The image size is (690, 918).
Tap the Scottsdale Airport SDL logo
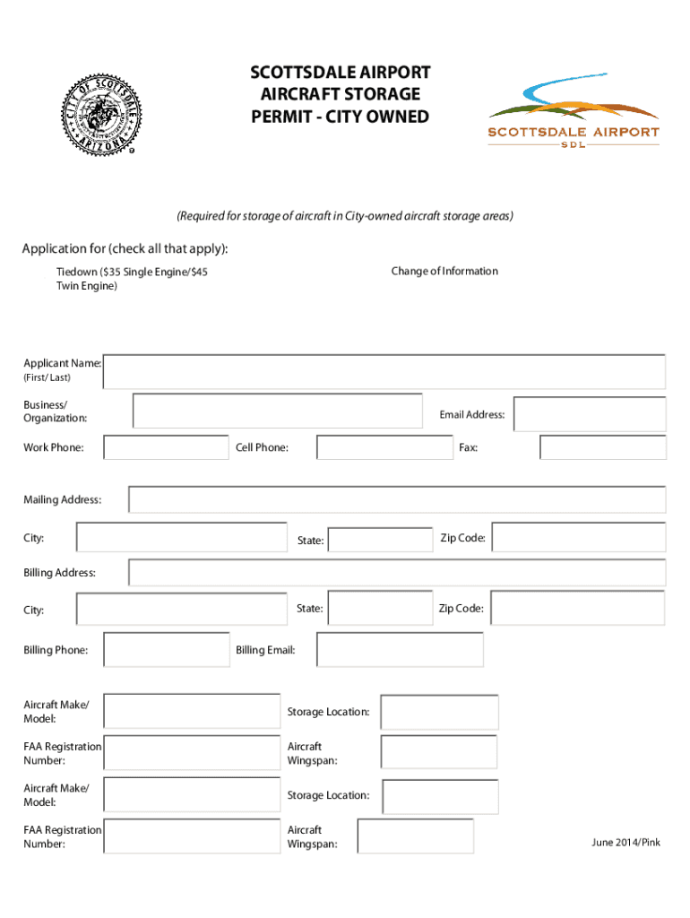click(574, 115)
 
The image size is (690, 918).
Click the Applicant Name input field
click(384, 371)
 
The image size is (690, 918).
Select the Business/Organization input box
click(278, 411)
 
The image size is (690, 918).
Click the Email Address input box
click(589, 414)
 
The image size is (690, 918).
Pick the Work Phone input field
click(166, 447)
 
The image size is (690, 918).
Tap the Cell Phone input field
click(384, 447)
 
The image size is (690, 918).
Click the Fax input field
click(602, 447)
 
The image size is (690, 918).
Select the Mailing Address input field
click(397, 499)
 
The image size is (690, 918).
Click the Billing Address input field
click(397, 572)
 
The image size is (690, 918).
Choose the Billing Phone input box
click(167, 650)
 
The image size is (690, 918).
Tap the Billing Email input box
click(400, 650)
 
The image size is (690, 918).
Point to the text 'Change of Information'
click(444, 271)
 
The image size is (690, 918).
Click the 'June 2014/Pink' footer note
click(625, 843)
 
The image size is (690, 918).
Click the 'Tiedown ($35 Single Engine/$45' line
click(132, 272)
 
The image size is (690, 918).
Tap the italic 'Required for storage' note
click(345, 216)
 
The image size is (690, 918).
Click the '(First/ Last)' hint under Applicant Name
click(47, 377)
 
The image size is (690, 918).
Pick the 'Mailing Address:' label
click(62, 499)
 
